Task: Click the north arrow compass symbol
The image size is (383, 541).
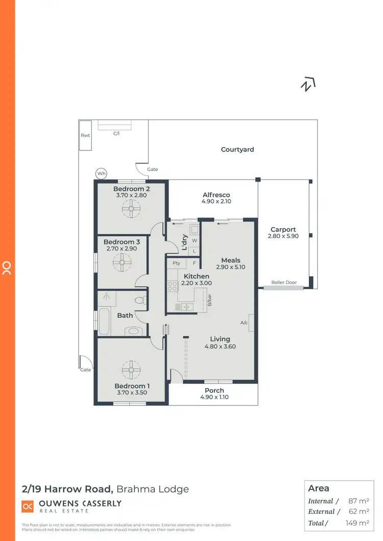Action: pos(307,85)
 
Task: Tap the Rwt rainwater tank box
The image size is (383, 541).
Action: pos(85,136)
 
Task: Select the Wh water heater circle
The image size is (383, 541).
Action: pos(102,174)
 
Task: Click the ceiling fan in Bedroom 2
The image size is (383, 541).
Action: pos(131,207)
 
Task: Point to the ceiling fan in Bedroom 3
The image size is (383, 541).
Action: pos(123,263)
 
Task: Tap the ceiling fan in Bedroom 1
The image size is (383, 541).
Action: pos(131,369)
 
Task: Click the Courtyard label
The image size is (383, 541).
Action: pos(237,149)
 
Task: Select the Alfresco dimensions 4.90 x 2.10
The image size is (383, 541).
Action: pos(217,202)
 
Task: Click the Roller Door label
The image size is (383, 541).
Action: pos(284,282)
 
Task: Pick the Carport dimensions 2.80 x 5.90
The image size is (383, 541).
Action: pos(283,237)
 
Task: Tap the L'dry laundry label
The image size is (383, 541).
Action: pos(185,242)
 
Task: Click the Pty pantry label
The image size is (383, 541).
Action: pos(176,263)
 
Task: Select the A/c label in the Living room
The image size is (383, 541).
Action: pos(244,323)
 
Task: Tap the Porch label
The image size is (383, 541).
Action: pos(214,391)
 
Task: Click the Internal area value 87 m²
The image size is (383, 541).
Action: pos(359,501)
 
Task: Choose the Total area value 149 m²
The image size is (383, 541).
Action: pos(356,523)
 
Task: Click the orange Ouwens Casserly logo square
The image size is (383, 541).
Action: pos(28,506)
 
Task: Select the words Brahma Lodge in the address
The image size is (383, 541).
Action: pos(153,489)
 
